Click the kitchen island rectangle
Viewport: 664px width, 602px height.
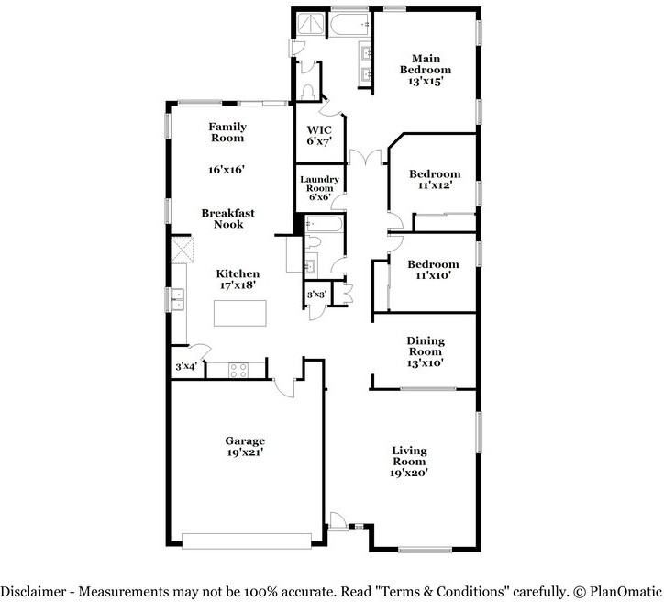(241, 312)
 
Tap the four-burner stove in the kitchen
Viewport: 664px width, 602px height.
(238, 370)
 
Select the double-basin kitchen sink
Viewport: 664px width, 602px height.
(176, 295)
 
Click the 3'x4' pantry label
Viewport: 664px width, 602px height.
(186, 367)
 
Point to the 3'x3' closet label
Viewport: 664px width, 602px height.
(315, 294)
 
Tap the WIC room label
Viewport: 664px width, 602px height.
(318, 129)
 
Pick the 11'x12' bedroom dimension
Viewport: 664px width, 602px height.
(434, 185)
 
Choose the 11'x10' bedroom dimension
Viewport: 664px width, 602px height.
(434, 275)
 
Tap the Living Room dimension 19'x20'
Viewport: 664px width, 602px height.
(409, 473)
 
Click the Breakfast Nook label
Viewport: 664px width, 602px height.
(228, 218)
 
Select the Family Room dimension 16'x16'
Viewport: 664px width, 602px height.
(227, 169)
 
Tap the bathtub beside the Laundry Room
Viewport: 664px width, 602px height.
(323, 224)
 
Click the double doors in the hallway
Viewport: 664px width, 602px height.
(369, 157)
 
